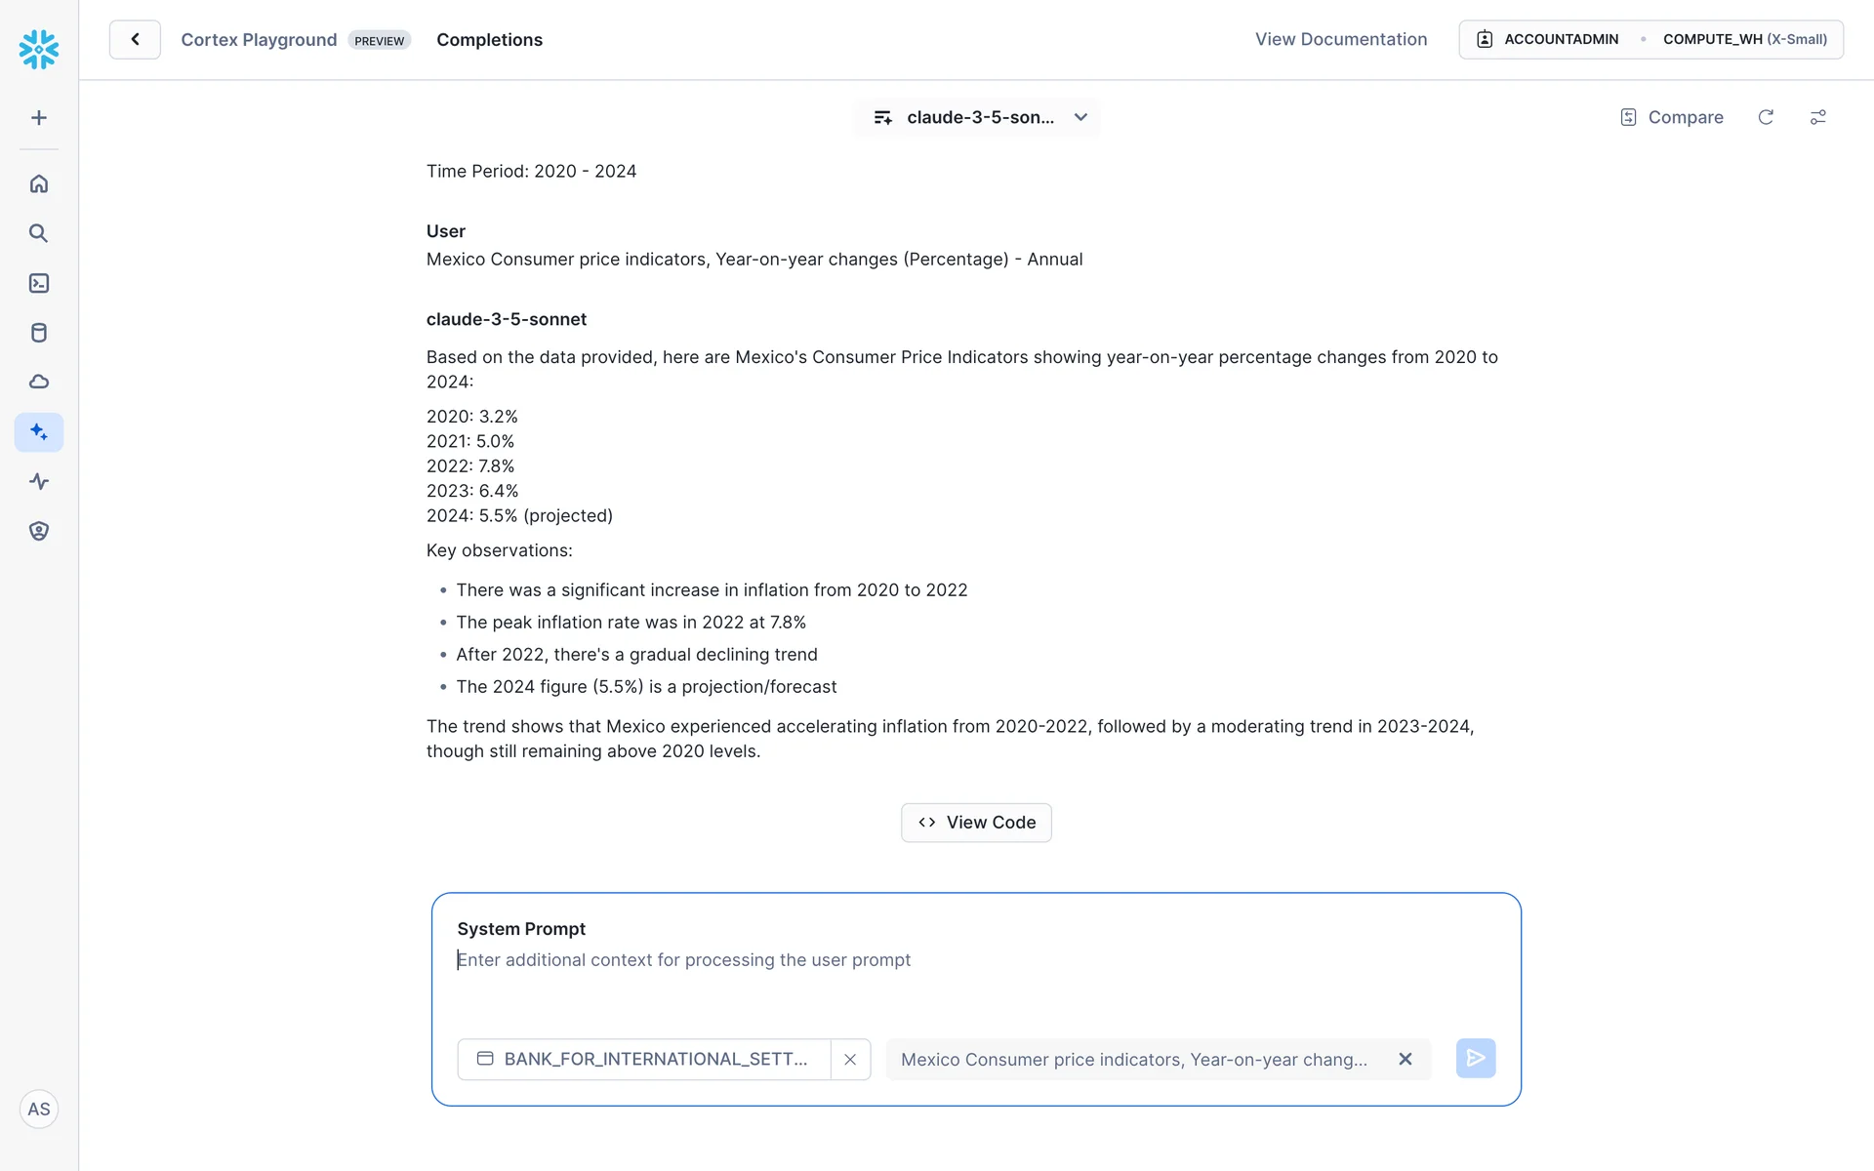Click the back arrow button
tap(135, 40)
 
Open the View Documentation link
tap(1340, 40)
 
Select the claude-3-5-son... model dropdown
tap(978, 117)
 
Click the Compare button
tap(1672, 117)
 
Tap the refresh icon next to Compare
tap(1766, 117)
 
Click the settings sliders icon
tap(1817, 117)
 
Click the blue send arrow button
tap(1475, 1059)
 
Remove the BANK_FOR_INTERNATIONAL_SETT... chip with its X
tap(850, 1060)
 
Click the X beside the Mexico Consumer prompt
tap(1405, 1060)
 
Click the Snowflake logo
tap(39, 49)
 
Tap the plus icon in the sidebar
tap(39, 118)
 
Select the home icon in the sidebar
tap(39, 183)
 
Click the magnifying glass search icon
tap(39, 233)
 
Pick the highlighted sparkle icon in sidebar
tap(39, 431)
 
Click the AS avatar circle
tap(39, 1110)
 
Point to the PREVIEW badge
tap(379, 41)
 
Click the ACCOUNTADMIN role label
tap(1561, 40)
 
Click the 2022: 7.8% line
tap(470, 466)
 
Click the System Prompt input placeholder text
tap(684, 960)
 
